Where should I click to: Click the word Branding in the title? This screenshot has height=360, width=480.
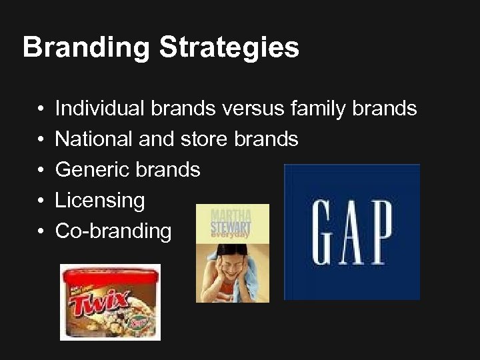(85, 48)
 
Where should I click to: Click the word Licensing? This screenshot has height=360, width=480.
(99, 200)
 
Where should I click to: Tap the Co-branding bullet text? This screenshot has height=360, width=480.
(113, 231)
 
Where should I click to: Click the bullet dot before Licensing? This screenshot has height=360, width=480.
(41, 201)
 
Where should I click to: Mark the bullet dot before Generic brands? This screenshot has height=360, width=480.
(41, 170)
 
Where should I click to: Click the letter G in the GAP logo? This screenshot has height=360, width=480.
(325, 231)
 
